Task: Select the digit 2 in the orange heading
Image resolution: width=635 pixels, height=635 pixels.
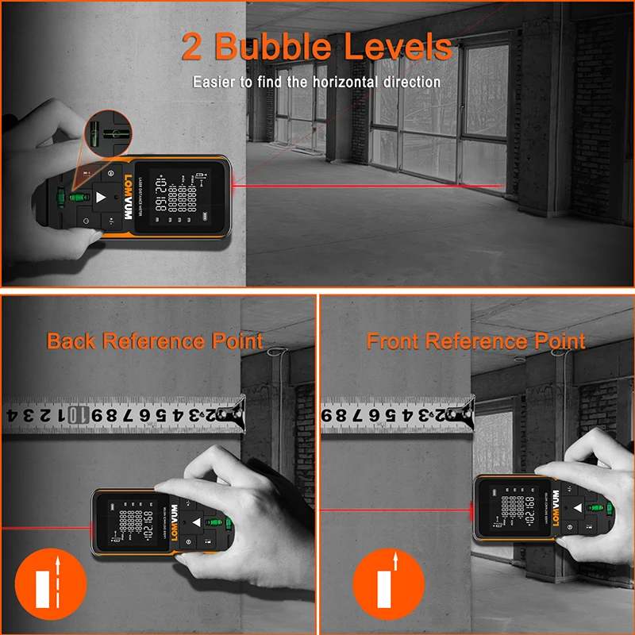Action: (192, 47)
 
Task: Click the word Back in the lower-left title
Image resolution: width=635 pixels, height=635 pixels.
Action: (72, 341)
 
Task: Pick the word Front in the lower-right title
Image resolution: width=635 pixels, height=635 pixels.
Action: (393, 341)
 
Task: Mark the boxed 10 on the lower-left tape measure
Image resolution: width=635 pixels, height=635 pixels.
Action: (74, 414)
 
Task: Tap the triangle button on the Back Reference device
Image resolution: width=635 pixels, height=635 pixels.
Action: (196, 521)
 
